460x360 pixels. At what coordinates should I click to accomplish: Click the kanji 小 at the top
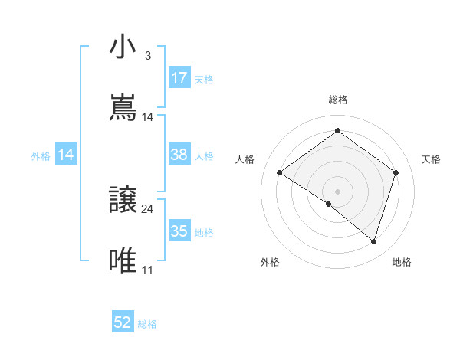click(123, 47)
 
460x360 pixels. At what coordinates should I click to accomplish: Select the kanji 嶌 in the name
click(123, 108)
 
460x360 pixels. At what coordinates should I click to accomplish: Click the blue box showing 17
click(179, 78)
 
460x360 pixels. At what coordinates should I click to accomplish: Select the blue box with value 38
click(179, 155)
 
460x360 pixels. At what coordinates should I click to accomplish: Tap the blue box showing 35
click(179, 231)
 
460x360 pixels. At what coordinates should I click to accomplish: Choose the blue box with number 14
click(66, 155)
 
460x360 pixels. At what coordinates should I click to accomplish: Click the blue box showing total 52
click(123, 322)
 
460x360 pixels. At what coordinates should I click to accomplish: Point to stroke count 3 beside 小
click(147, 57)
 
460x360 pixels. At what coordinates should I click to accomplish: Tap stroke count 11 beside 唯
click(147, 270)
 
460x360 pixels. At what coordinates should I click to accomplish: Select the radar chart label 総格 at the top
click(338, 100)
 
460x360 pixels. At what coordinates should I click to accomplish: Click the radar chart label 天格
click(431, 159)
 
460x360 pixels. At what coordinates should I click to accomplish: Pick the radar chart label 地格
click(402, 263)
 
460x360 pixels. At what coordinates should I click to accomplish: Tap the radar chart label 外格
click(270, 263)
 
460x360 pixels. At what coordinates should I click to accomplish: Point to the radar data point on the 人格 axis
click(280, 173)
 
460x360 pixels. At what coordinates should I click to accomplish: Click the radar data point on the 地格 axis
click(374, 241)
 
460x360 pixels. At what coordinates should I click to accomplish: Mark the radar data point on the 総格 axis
click(337, 131)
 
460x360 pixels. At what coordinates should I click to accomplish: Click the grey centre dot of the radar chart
click(337, 191)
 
